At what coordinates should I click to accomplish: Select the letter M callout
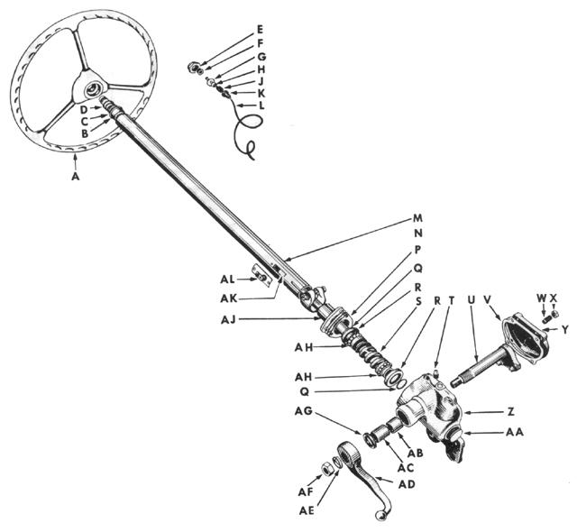point(417,219)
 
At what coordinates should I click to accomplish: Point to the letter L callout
point(261,106)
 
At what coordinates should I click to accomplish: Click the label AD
point(407,485)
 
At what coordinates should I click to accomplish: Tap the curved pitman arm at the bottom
point(364,478)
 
